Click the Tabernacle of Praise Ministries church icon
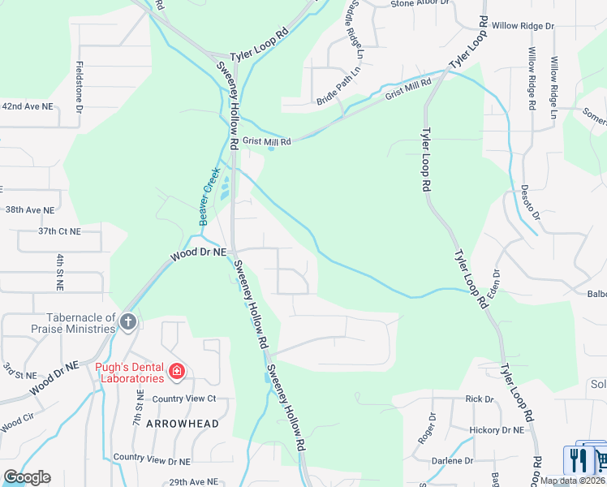coord(127,322)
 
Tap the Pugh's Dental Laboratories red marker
coord(177,373)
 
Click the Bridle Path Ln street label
coord(338,93)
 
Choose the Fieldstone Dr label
coord(79,87)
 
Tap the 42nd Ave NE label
coord(27,106)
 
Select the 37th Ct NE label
coord(60,231)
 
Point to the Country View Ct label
coord(184,399)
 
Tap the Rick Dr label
coord(480,399)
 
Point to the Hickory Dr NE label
coord(497,429)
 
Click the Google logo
coord(27,477)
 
